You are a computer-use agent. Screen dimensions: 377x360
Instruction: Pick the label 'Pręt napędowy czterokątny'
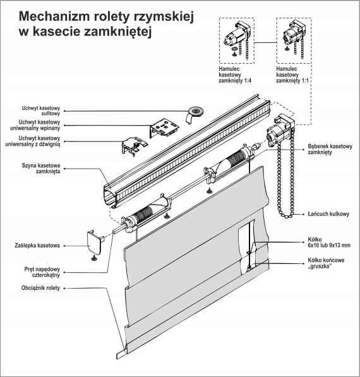coord(38,272)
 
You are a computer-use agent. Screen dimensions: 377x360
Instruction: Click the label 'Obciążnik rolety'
coord(40,289)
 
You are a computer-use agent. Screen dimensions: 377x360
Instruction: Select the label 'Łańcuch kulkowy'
coord(328,214)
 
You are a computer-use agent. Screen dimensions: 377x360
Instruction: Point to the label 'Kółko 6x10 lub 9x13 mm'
coord(327,242)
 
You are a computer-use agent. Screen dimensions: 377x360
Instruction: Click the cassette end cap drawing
coord(95,241)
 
